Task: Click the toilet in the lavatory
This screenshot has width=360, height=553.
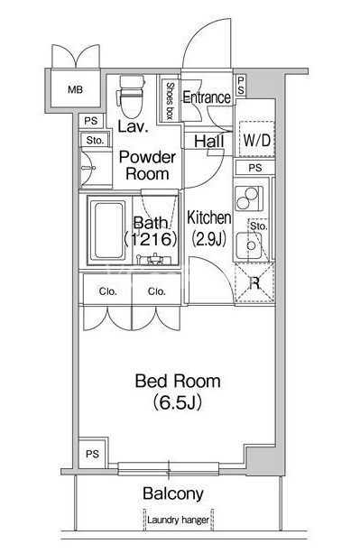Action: [130, 97]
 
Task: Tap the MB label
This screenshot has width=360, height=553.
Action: [75, 89]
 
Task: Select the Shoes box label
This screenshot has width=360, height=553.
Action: [170, 101]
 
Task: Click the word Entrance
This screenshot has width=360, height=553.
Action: [207, 97]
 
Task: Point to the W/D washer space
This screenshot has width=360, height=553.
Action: [256, 139]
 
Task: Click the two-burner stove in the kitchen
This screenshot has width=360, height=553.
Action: [249, 198]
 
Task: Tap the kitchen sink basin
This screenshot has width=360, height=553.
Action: [249, 245]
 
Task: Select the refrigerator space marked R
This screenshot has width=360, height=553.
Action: [254, 282]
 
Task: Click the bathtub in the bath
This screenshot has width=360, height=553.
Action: [107, 230]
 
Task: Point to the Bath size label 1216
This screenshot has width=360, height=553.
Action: [151, 239]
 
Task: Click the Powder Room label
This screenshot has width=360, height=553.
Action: [147, 165]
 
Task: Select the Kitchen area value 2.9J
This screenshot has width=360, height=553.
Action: [208, 239]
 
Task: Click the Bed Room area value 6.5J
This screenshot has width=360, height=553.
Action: [178, 402]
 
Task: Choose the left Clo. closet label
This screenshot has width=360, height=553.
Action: [108, 291]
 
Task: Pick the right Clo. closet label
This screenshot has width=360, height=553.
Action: [157, 291]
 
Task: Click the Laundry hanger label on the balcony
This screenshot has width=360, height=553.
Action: [178, 520]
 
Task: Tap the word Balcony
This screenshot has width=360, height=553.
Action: [173, 493]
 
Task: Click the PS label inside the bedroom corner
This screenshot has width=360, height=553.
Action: [92, 454]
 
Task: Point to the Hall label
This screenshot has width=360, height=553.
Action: [209, 142]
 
